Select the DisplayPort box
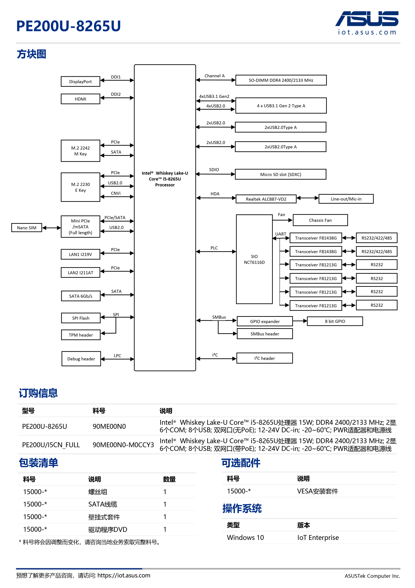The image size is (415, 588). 80,82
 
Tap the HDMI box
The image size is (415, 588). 80,99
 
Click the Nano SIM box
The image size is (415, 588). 27,228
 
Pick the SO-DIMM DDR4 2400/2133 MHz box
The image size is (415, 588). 281,80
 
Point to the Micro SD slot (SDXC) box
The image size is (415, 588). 280,174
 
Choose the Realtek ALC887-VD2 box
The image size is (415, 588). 266,199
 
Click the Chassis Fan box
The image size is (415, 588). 320,220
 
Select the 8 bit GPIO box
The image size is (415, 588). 335,321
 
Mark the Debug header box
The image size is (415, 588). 81,359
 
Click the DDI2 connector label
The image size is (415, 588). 116,94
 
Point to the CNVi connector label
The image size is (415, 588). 116,193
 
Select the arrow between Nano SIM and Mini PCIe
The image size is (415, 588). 51,228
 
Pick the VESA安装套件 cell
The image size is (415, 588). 317,491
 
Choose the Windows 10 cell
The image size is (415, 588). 245,538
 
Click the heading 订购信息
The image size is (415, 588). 38,393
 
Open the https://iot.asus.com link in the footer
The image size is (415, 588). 124,575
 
